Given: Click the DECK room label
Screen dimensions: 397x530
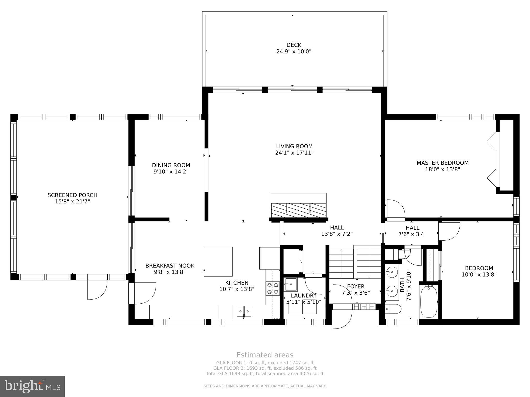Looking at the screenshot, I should pos(294,45).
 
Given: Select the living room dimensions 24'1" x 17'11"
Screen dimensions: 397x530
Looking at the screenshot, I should pos(294,153).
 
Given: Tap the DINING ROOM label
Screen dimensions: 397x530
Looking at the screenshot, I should pos(171,165).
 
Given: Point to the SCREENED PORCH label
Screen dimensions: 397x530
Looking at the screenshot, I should pos(72,195).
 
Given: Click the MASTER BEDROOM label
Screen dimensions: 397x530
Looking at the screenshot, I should pos(443,163).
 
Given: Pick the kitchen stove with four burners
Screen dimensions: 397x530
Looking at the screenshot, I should pos(273,288).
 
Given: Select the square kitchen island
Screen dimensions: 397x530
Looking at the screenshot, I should pos(218,262).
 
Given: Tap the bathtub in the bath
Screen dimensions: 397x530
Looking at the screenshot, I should pos(429,302).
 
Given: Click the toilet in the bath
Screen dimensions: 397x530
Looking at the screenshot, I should pos(393,309).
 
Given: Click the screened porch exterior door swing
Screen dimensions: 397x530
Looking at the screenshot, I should pos(97,287).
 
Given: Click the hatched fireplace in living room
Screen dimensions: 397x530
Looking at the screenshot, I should pos(298,210).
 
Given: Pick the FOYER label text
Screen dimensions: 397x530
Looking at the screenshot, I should pos(356,286).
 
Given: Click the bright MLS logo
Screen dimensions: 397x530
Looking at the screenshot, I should pos(32,386).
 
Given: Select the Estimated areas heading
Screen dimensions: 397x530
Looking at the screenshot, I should pos(265,355).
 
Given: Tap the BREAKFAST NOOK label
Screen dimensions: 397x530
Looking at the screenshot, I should pos(170,266).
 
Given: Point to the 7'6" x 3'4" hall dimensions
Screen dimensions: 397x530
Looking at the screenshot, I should pos(412,234).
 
